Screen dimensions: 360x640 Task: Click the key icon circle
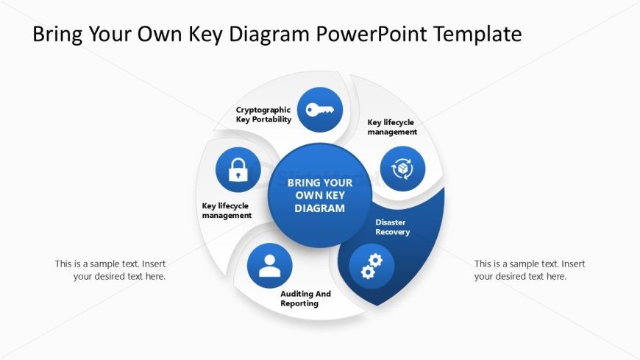tap(320, 110)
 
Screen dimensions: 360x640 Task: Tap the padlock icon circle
tap(238, 169)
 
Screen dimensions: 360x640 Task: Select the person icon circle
tap(270, 265)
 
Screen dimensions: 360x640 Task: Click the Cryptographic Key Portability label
tap(263, 114)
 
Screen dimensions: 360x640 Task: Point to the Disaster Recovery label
tap(392, 227)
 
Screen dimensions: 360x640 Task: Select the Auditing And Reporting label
tap(305, 298)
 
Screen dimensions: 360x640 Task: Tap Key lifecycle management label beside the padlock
tap(227, 211)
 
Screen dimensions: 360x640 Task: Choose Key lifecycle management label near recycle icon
tap(392, 127)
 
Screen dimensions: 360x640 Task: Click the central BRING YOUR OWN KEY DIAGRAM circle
tap(319, 195)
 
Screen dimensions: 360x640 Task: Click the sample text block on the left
tap(110, 270)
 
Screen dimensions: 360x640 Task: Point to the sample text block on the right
tap(530, 270)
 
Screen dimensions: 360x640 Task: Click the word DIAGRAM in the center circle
tap(319, 208)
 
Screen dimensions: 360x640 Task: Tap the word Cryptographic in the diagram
tap(263, 110)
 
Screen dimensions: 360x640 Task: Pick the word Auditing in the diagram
tap(296, 294)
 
